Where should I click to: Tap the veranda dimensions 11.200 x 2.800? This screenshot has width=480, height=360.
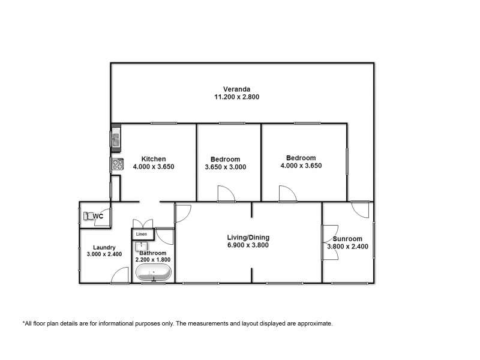click(x=237, y=97)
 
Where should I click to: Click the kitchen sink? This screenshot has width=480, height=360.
click(x=115, y=139)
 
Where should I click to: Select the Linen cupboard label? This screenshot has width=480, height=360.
click(x=142, y=234)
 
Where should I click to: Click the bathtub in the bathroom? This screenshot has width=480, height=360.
click(x=153, y=273)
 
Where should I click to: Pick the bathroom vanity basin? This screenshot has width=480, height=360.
click(x=142, y=246)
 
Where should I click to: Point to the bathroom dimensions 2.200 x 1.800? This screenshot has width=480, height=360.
click(x=153, y=260)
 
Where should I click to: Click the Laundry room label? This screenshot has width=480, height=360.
click(x=104, y=247)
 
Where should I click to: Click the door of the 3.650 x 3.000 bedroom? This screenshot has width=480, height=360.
click(x=226, y=194)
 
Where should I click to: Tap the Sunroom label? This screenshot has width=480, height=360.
click(x=347, y=238)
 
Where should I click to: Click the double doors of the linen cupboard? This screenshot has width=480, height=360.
click(x=143, y=221)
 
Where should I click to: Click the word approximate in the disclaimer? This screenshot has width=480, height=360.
click(x=313, y=323)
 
